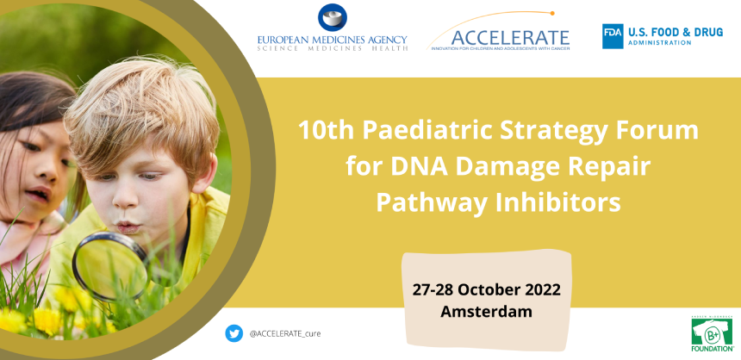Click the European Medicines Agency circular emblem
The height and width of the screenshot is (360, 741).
[332, 18]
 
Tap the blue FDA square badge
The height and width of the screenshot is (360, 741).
[613, 35]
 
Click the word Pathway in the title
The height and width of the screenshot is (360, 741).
[427, 203]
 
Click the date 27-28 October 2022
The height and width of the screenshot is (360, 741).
[486, 288]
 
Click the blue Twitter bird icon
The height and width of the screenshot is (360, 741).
[234, 333]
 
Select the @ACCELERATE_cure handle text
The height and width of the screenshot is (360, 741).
[285, 333]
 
